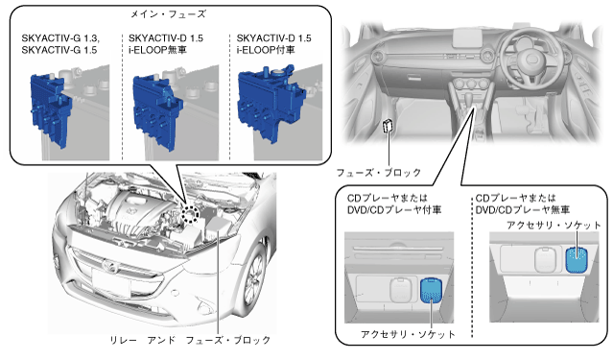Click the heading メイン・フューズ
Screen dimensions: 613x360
[x=168, y=14]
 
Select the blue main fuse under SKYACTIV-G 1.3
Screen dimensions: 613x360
[x=50, y=109]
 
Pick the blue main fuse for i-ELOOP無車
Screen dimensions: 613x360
[x=156, y=111]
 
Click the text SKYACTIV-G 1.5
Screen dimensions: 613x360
[x=59, y=50]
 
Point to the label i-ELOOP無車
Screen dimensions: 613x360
[x=157, y=50]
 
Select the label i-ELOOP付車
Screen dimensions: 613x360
[x=266, y=50]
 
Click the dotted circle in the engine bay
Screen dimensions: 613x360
[x=190, y=214]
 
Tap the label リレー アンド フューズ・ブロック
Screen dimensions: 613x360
[x=190, y=340]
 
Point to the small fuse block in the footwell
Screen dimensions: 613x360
[x=388, y=126]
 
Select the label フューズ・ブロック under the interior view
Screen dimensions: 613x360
[x=378, y=173]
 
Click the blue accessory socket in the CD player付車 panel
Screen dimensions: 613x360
[x=431, y=290]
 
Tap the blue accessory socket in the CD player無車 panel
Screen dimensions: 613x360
[x=577, y=259]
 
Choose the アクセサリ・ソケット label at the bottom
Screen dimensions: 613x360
[x=408, y=335]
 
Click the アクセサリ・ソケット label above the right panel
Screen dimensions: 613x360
[x=554, y=226]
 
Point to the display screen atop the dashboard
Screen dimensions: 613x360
[x=466, y=37]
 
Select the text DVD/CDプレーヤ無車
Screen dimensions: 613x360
[x=522, y=210]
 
